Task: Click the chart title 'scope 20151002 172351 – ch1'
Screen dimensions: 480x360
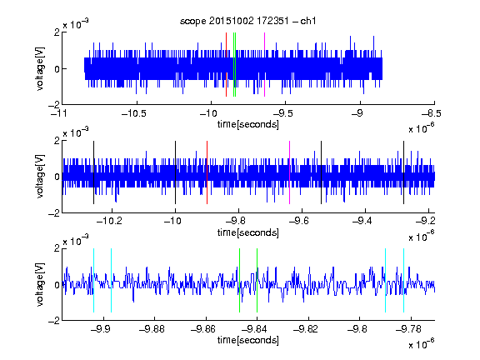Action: click(248, 21)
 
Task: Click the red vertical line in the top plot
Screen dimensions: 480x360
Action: click(226, 65)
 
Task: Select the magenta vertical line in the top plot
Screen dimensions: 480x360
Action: click(264, 65)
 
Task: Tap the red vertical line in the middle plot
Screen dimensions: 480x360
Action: click(207, 172)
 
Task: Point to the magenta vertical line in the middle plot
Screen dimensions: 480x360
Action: click(290, 172)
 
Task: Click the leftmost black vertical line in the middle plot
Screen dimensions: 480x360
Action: click(93, 172)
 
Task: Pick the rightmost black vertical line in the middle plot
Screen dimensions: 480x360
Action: click(403, 172)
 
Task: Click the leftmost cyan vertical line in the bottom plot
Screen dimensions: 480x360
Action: click(93, 280)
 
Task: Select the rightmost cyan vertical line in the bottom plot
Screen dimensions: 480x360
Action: click(403, 280)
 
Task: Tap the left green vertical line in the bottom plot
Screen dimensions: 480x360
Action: click(239, 280)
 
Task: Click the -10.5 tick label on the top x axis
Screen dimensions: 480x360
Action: click(134, 113)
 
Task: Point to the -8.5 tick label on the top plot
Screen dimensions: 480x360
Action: click(432, 113)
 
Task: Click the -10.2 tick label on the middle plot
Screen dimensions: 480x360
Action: click(109, 220)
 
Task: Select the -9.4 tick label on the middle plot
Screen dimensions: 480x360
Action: click(362, 220)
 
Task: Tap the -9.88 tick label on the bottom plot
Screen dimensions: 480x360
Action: click(152, 329)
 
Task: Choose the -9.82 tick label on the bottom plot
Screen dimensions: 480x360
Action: click(306, 329)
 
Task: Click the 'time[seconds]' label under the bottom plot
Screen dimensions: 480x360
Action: click(248, 340)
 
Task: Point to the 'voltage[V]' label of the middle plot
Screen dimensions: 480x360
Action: click(40, 176)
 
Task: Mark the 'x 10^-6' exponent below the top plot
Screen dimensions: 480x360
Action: click(422, 128)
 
